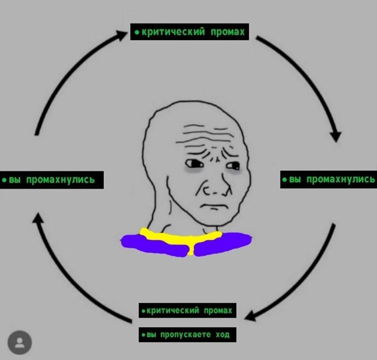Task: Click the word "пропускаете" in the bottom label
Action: coord(186,335)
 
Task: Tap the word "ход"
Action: coord(223,335)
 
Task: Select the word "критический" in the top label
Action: coord(173,32)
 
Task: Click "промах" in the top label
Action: coord(227,32)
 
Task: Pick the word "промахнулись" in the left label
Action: coord(61,180)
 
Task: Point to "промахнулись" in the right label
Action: coord(340,179)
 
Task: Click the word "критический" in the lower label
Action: coord(173,311)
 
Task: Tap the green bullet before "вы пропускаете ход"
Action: coord(143,335)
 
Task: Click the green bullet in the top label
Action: coord(137,32)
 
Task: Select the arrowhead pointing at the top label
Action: coord(121,35)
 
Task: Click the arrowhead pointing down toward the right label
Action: coord(336,137)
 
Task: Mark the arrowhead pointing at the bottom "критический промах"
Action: coord(250,316)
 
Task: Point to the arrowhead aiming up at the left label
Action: coord(38,217)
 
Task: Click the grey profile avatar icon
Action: coord(19,342)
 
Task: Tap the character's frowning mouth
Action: coord(214,206)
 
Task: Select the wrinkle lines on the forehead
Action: coord(204,136)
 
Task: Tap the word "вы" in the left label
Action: coord(15,180)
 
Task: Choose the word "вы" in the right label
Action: coord(295,179)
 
